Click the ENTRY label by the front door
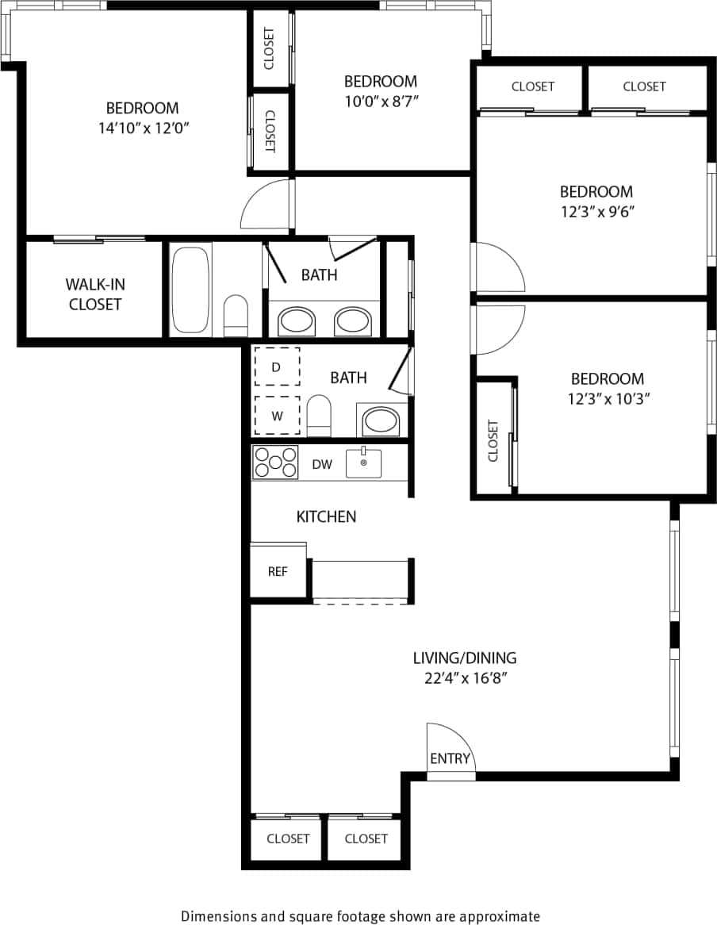pyautogui.click(x=450, y=758)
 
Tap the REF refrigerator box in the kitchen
pyautogui.click(x=277, y=571)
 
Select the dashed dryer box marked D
pyautogui.click(x=277, y=367)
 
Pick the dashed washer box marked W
pyautogui.click(x=277, y=415)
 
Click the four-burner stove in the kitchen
pyautogui.click(x=275, y=462)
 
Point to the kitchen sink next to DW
pyautogui.click(x=363, y=463)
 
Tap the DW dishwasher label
pyautogui.click(x=322, y=465)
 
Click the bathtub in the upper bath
pyautogui.click(x=190, y=290)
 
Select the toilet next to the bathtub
pyautogui.click(x=236, y=316)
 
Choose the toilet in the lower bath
pyautogui.click(x=318, y=416)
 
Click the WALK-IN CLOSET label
pyautogui.click(x=94, y=294)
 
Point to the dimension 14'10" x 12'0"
pyautogui.click(x=143, y=129)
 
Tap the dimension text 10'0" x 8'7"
pyautogui.click(x=380, y=101)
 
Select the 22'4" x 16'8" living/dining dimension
pyautogui.click(x=465, y=678)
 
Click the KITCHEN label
pyautogui.click(x=326, y=516)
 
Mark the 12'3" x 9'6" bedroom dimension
pyautogui.click(x=596, y=212)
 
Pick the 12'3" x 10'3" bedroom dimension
pyautogui.click(x=608, y=399)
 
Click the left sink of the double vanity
pyautogui.click(x=296, y=321)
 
